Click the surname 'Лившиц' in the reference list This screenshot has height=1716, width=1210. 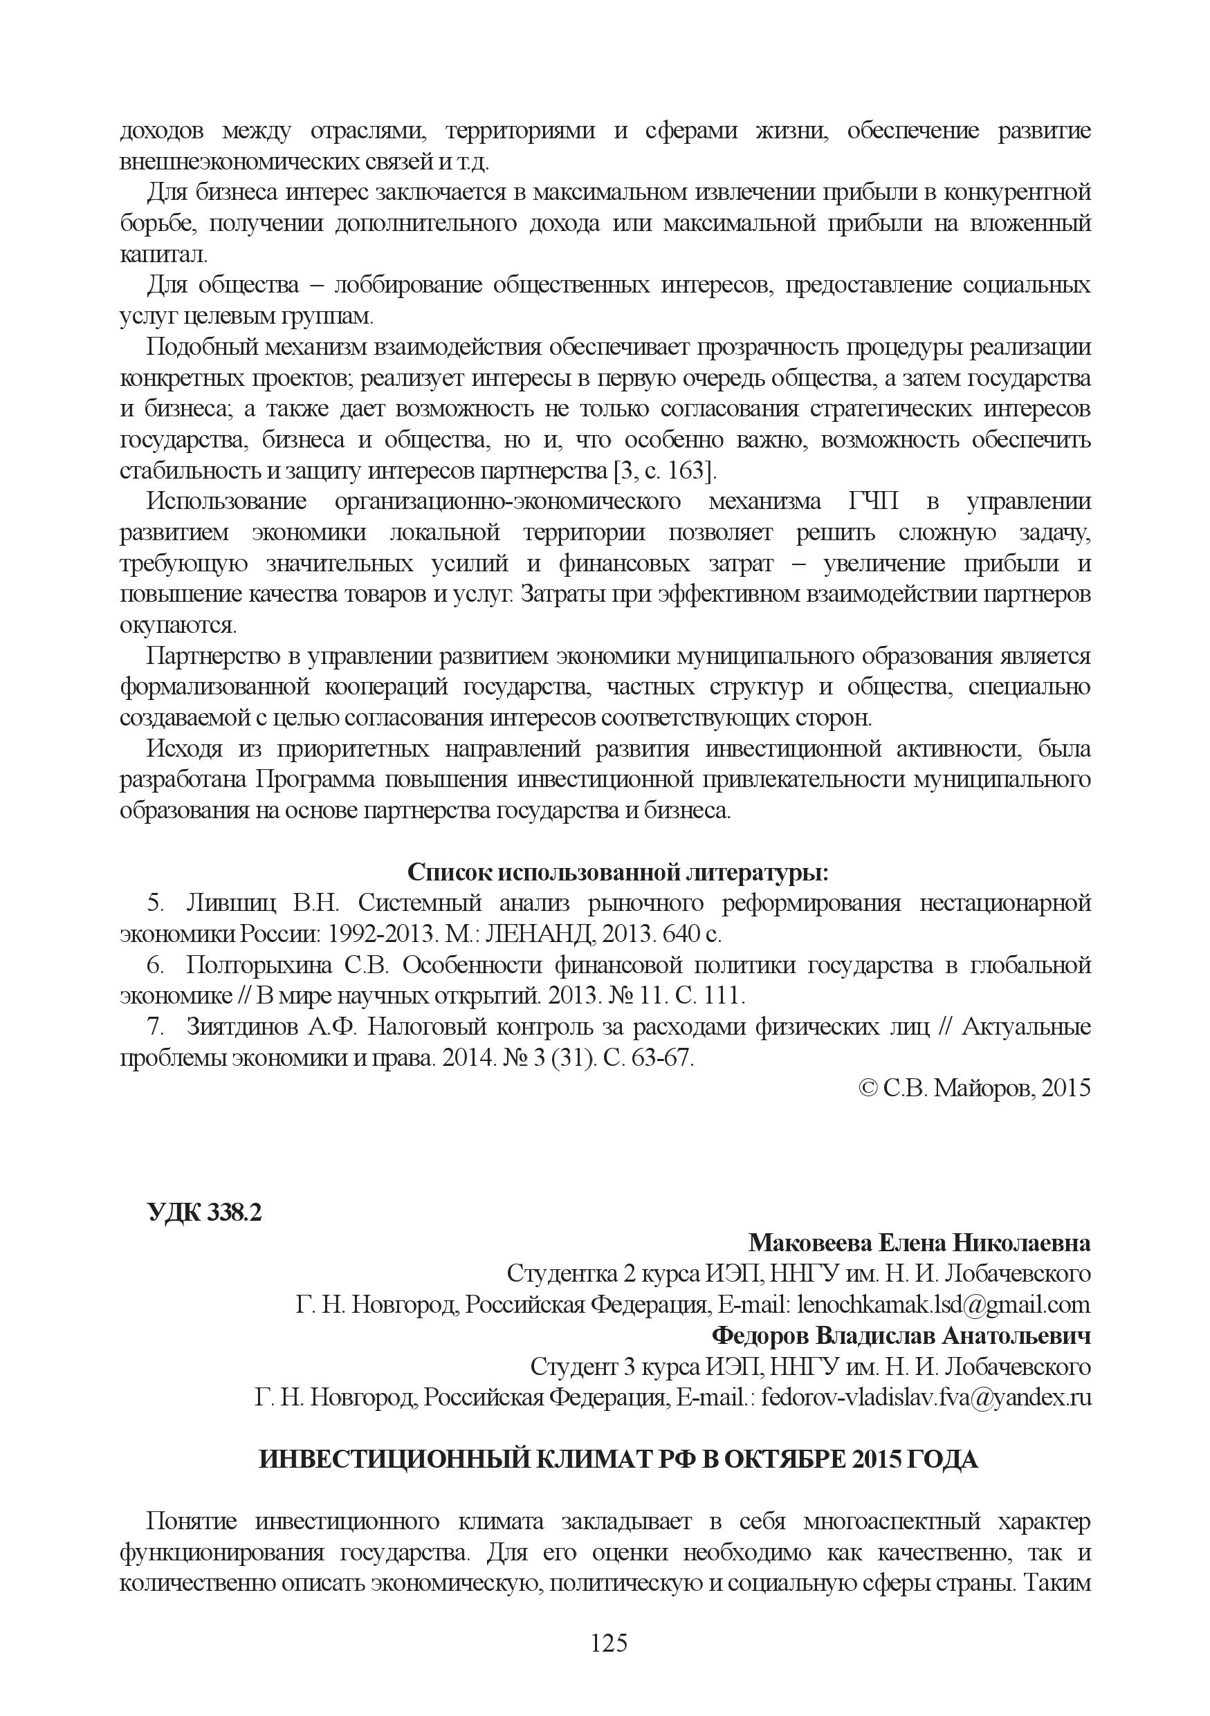[x=230, y=903]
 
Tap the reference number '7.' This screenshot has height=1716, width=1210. [x=156, y=1027]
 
